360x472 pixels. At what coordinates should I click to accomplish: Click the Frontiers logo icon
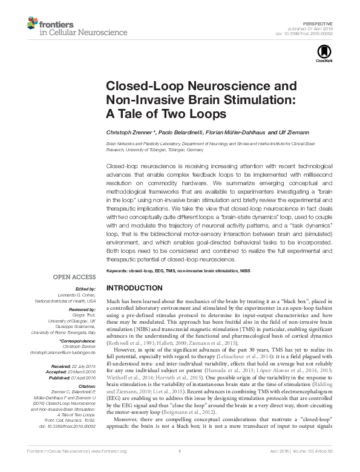point(33,23)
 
